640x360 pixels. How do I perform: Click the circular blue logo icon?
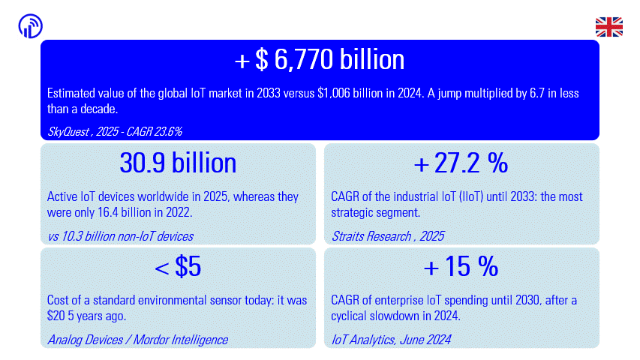[x=31, y=26]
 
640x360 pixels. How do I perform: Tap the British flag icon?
[x=609, y=27]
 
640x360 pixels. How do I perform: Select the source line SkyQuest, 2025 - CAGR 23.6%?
[x=115, y=131]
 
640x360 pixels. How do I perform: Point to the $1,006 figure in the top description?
[x=334, y=94]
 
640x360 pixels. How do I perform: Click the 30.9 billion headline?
[x=178, y=163]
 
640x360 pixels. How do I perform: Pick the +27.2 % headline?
[x=461, y=163]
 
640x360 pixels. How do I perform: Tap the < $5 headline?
[x=178, y=266]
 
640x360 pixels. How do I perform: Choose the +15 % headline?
[x=461, y=266]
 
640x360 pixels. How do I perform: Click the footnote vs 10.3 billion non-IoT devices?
[x=120, y=236]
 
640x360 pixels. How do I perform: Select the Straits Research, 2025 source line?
[x=387, y=236]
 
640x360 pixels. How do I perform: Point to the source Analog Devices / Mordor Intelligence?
[x=137, y=340]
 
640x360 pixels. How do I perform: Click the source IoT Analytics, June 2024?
[x=391, y=340]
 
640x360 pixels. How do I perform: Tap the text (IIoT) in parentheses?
[x=471, y=196]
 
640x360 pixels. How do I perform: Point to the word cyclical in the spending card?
[x=352, y=316]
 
